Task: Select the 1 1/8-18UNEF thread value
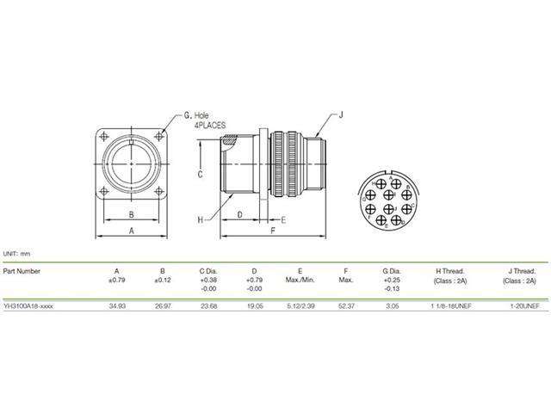pos(450,305)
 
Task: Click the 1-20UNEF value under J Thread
pos(523,305)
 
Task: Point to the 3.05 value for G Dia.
pos(393,305)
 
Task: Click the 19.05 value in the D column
pos(255,305)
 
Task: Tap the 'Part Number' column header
pos(22,270)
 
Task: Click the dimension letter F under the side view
pos(272,231)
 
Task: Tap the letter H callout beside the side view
pos(200,219)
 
